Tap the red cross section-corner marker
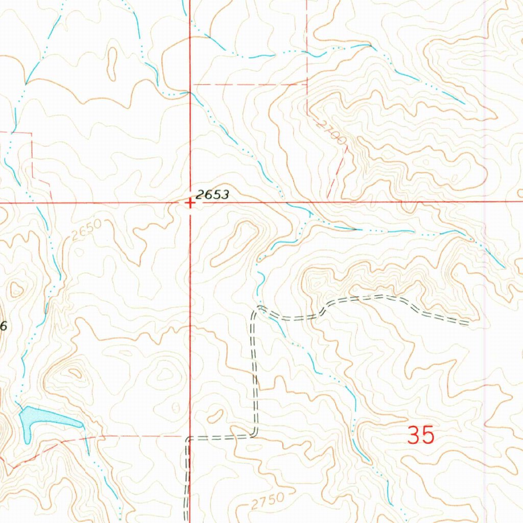(190, 203)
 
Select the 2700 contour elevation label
(331, 131)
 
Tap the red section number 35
(421, 436)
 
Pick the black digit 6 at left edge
(3, 327)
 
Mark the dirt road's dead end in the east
(468, 322)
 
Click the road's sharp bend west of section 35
(254, 435)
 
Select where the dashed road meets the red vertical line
(189, 438)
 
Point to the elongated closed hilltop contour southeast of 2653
(235, 243)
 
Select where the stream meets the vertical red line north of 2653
(190, 92)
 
